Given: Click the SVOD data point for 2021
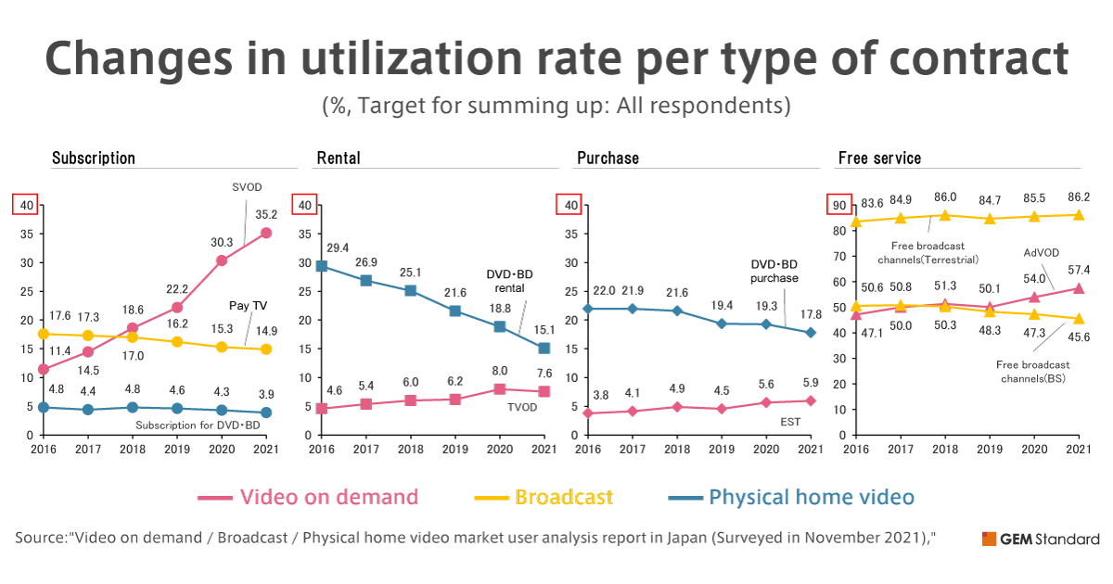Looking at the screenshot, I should pos(266,233).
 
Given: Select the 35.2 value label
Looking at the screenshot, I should pos(266,214).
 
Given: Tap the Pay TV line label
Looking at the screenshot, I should pos(249,305).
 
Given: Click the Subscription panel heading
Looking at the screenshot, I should pos(94,158).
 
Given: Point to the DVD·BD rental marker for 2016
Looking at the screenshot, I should pos(322,266).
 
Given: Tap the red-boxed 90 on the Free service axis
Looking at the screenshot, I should pos(839,205).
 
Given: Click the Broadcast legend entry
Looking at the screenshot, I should pos(564,497).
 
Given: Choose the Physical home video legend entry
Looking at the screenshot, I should pos(812,497).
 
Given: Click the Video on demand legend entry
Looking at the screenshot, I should pos(328,497).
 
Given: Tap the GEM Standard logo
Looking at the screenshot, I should pos(1040,539).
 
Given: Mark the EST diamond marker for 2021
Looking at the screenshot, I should pos(811,400).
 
